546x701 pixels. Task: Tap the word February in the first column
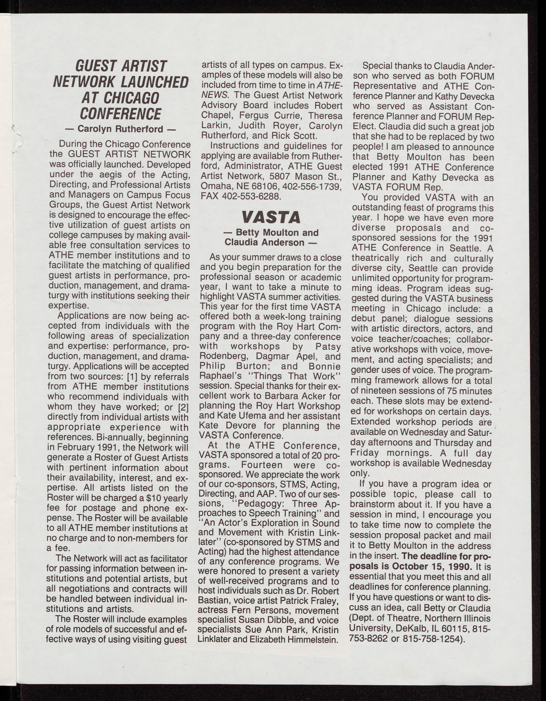(77, 447)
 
